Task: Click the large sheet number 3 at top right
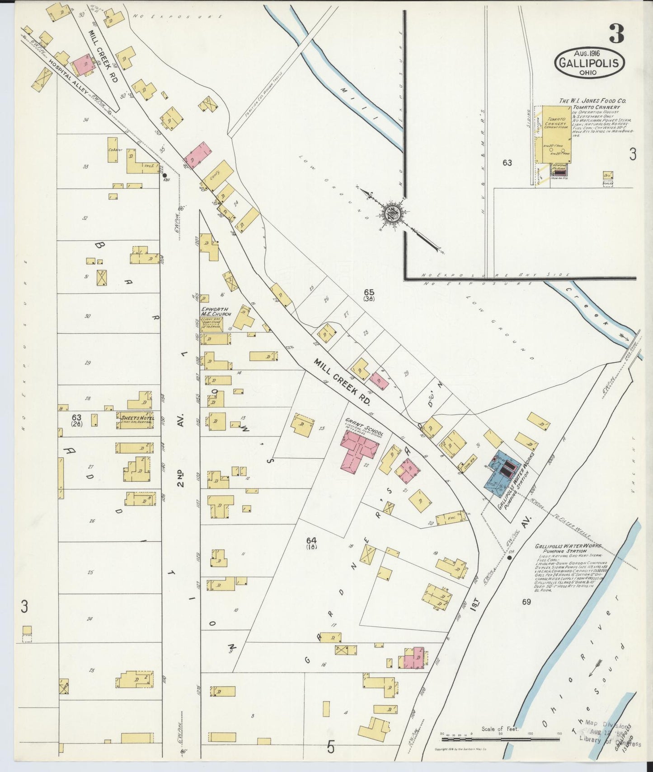click(x=616, y=33)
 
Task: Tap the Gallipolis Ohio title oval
click(x=589, y=64)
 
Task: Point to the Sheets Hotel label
click(x=135, y=418)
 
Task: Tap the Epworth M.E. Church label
click(x=216, y=312)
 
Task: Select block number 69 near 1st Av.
click(x=526, y=602)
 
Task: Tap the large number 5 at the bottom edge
click(x=331, y=749)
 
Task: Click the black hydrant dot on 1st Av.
click(x=509, y=558)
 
